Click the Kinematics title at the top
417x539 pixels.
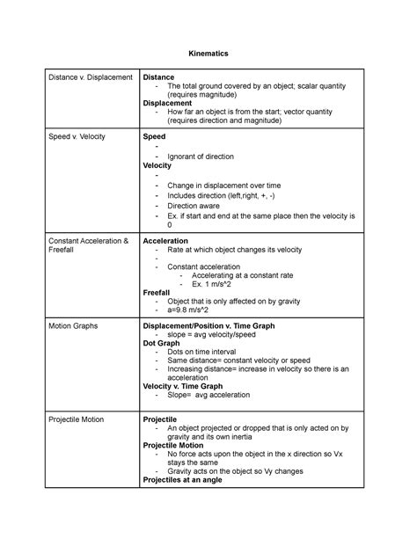click(208, 54)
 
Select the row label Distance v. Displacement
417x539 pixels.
click(90, 78)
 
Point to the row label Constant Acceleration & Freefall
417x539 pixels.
click(89, 246)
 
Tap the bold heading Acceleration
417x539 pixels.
click(166, 240)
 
